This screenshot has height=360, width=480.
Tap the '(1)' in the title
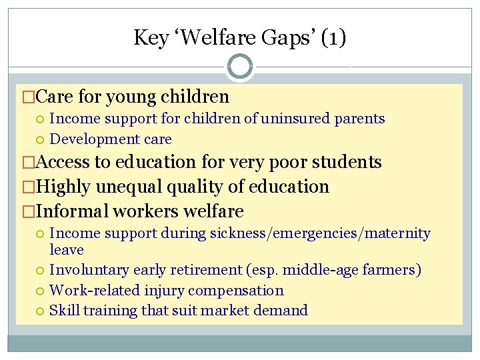coord(333,37)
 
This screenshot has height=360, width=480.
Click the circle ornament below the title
coord(240,67)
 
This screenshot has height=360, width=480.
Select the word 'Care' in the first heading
coord(55,97)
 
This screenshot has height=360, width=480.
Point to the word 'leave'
coord(67,250)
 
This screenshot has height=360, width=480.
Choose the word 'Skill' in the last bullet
coord(63,311)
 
